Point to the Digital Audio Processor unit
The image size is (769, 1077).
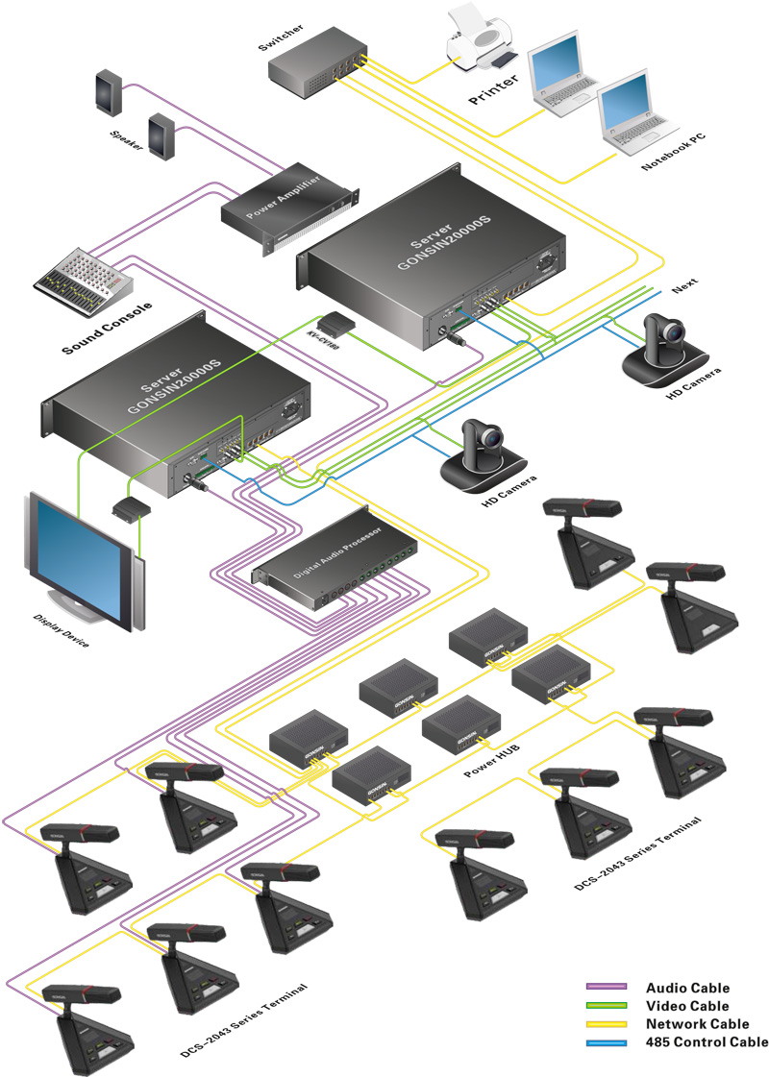[328, 572]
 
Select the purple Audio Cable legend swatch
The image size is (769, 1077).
[607, 988]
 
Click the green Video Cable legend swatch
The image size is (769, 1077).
[607, 1006]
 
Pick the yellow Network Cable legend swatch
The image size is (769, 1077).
[607, 1024]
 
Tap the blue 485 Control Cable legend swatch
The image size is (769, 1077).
[607, 1042]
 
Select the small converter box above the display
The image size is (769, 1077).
[130, 506]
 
